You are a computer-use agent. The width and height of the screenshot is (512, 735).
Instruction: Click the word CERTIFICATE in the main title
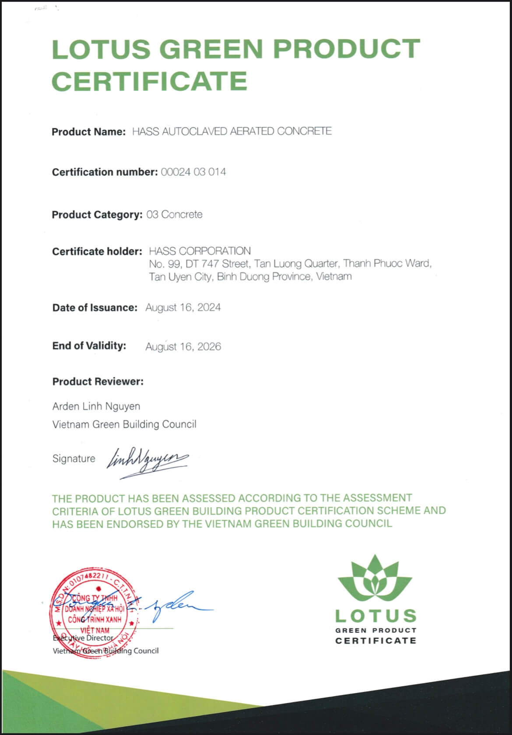tap(150, 81)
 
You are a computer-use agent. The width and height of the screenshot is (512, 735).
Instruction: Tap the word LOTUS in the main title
tap(102, 49)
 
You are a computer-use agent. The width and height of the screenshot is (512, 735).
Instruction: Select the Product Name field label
tap(88, 132)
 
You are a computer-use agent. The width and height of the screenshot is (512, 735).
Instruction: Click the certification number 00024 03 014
tap(193, 172)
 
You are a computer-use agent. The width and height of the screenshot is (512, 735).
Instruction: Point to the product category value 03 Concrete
tap(174, 215)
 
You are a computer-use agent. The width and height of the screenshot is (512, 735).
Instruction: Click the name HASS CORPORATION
tap(200, 251)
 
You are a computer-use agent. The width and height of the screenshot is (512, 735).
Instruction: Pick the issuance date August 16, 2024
tap(183, 307)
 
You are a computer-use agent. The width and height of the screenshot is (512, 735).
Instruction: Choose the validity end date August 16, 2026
tap(183, 347)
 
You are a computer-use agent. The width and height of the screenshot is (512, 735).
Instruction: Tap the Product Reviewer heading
tap(98, 381)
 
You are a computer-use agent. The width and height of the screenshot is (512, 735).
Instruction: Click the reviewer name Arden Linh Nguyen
tap(96, 406)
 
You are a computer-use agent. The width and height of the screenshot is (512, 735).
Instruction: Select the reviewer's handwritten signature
tap(148, 461)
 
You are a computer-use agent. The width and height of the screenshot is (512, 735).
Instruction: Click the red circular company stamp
tap(94, 613)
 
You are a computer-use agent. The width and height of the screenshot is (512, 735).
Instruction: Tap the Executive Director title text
tap(83, 638)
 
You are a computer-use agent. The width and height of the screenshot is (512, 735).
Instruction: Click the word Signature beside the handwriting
tap(74, 459)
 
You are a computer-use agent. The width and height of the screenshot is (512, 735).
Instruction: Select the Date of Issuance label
tap(95, 308)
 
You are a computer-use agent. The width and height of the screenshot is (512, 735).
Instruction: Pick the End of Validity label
tap(89, 346)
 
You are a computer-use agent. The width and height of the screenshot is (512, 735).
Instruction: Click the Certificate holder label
tap(97, 251)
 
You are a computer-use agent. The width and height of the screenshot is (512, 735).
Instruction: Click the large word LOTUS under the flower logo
tap(375, 616)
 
